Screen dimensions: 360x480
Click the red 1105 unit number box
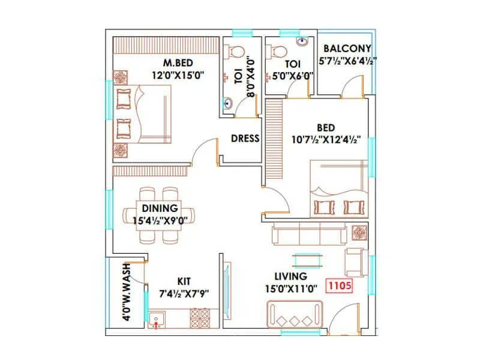coord(338,286)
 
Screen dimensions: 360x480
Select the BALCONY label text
coord(347,49)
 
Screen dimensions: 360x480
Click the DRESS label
coord(245,139)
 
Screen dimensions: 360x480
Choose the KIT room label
coord(184,281)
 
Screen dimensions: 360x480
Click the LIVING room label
coord(290,277)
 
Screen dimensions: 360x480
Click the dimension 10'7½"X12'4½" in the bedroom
coord(326,140)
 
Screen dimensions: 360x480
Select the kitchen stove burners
coord(200,317)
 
